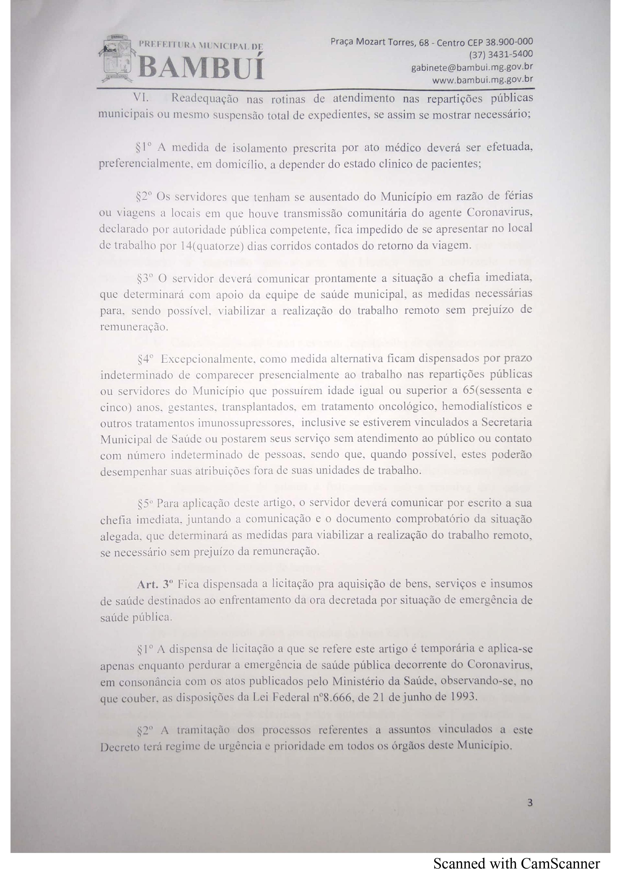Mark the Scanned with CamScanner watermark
coord(516,864)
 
